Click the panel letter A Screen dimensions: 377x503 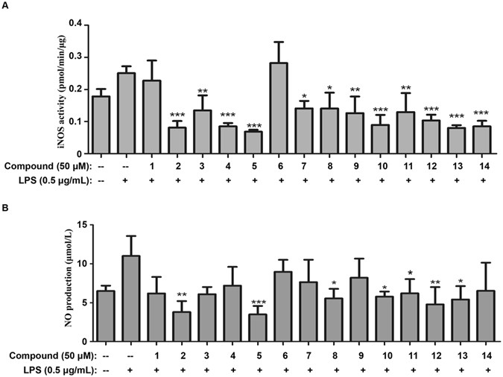click(6, 7)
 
